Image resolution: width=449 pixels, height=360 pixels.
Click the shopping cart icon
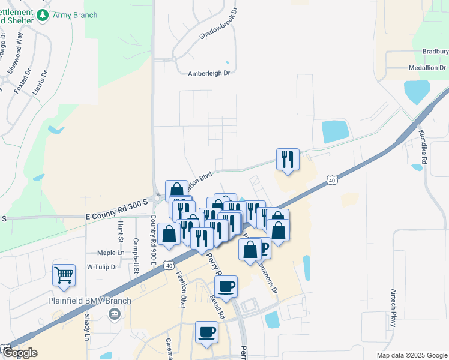coord(64,275)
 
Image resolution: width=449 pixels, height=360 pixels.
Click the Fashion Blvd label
coord(181,290)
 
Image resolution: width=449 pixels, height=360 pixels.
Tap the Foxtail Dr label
coord(23,80)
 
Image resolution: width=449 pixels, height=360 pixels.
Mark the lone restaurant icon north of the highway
coord(287,159)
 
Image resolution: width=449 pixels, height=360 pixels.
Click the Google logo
coord(20,353)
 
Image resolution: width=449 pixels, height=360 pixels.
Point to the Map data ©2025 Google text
coord(411,355)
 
